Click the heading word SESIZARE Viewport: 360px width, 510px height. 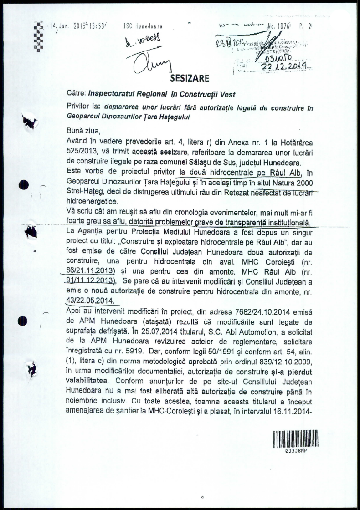pyautogui.click(x=190, y=78)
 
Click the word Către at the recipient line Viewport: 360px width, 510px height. pyautogui.click(x=76, y=95)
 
